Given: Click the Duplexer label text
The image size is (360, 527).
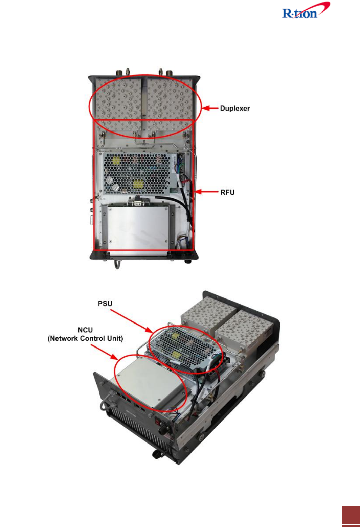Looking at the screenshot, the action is click(235, 109).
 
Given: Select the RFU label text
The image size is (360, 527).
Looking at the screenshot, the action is click(227, 192).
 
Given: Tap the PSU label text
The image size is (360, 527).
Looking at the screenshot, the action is click(105, 304).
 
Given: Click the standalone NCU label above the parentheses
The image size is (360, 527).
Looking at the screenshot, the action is click(85, 330).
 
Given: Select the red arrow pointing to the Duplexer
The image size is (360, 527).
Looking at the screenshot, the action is click(210, 109).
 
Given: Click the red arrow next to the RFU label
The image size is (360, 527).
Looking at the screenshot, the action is click(207, 192).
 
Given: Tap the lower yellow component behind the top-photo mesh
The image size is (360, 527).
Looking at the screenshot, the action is click(138, 184).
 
